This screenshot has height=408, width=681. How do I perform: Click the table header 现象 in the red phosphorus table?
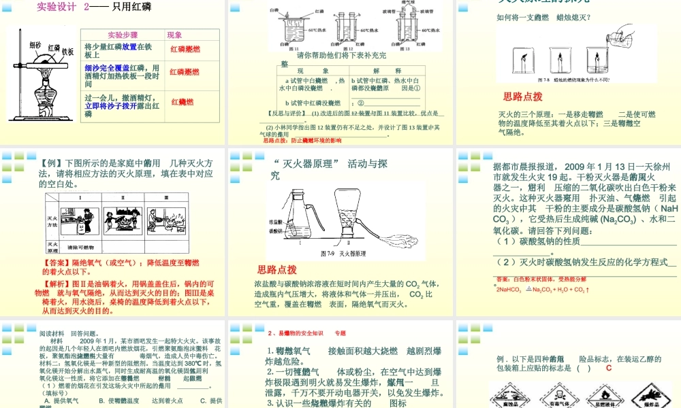(x=175, y=35)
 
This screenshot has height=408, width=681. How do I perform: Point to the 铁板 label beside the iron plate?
(x=67, y=52)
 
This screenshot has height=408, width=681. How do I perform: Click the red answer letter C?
(x=608, y=368)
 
